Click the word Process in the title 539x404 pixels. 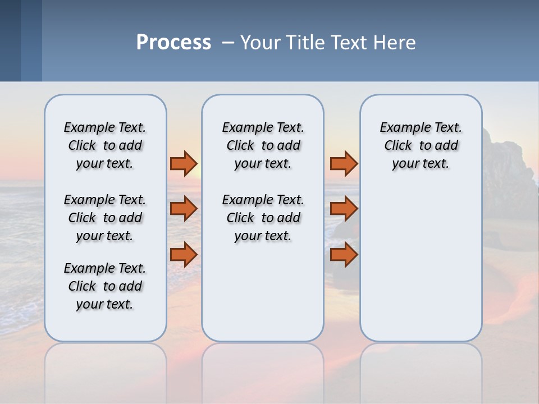(x=173, y=43)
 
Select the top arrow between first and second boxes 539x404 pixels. (x=184, y=163)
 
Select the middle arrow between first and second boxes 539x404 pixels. (x=184, y=209)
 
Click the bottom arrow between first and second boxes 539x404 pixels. (x=184, y=254)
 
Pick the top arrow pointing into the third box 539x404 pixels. (x=344, y=163)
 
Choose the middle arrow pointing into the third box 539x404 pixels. (x=344, y=209)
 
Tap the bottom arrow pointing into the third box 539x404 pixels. (x=344, y=254)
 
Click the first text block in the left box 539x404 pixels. (x=105, y=145)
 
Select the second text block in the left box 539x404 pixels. (x=105, y=218)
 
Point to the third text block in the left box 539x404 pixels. (x=105, y=286)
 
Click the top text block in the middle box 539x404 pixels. (x=263, y=145)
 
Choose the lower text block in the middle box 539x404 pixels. (x=263, y=218)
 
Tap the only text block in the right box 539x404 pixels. (x=421, y=145)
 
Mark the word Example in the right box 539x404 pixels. (x=400, y=128)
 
